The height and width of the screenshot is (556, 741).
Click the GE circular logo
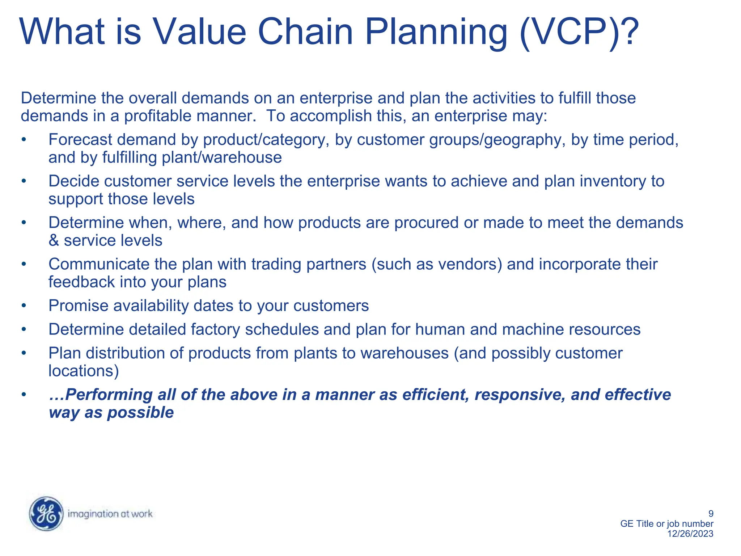click(46, 514)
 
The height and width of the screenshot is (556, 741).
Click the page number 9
click(711, 513)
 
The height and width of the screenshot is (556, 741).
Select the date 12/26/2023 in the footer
click(690, 534)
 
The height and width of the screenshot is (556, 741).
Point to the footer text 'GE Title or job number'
click(666, 523)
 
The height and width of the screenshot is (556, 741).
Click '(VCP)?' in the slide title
click(579, 32)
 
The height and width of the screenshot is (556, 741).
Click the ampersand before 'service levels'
click(54, 241)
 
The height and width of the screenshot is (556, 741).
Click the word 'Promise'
click(79, 306)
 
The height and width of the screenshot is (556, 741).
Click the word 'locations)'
click(84, 371)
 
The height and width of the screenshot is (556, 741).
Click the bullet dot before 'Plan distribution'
click(24, 353)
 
